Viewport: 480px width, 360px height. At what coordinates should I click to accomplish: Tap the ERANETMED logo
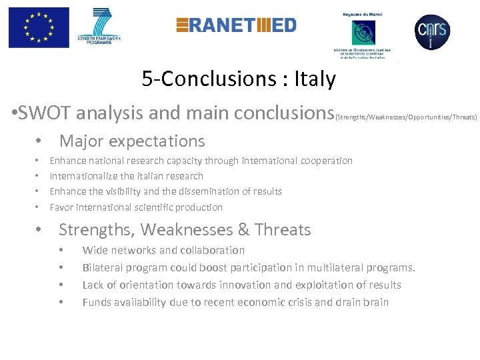click(236, 25)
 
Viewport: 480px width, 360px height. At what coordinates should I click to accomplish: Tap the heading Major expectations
click(132, 141)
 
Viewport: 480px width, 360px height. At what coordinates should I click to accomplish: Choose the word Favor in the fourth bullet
click(62, 207)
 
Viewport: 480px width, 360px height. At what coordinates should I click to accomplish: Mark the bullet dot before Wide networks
click(61, 251)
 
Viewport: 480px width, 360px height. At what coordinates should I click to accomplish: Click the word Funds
click(97, 302)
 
